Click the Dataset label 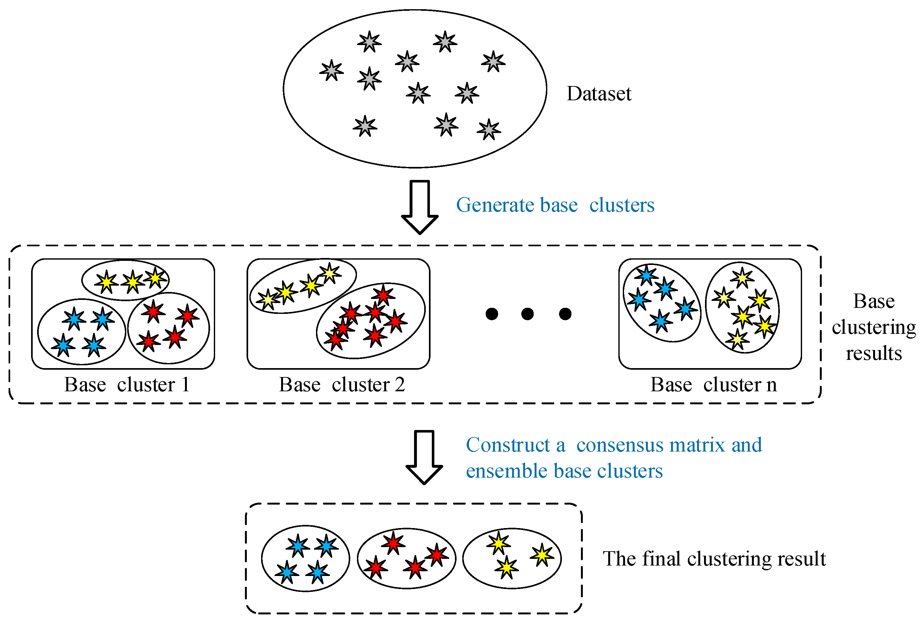(598, 94)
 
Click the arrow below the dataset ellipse (419, 206)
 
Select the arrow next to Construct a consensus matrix (424, 456)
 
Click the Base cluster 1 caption (127, 384)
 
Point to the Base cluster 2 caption (342, 384)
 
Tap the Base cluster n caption (713, 384)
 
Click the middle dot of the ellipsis (527, 314)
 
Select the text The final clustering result (714, 559)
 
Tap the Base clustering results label (874, 327)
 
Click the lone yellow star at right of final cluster (542, 555)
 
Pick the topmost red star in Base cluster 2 (383, 295)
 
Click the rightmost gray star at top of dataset (493, 62)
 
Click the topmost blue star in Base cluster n (646, 275)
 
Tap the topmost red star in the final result (393, 543)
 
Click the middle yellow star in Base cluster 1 (132, 282)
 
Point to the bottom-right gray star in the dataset (489, 130)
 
